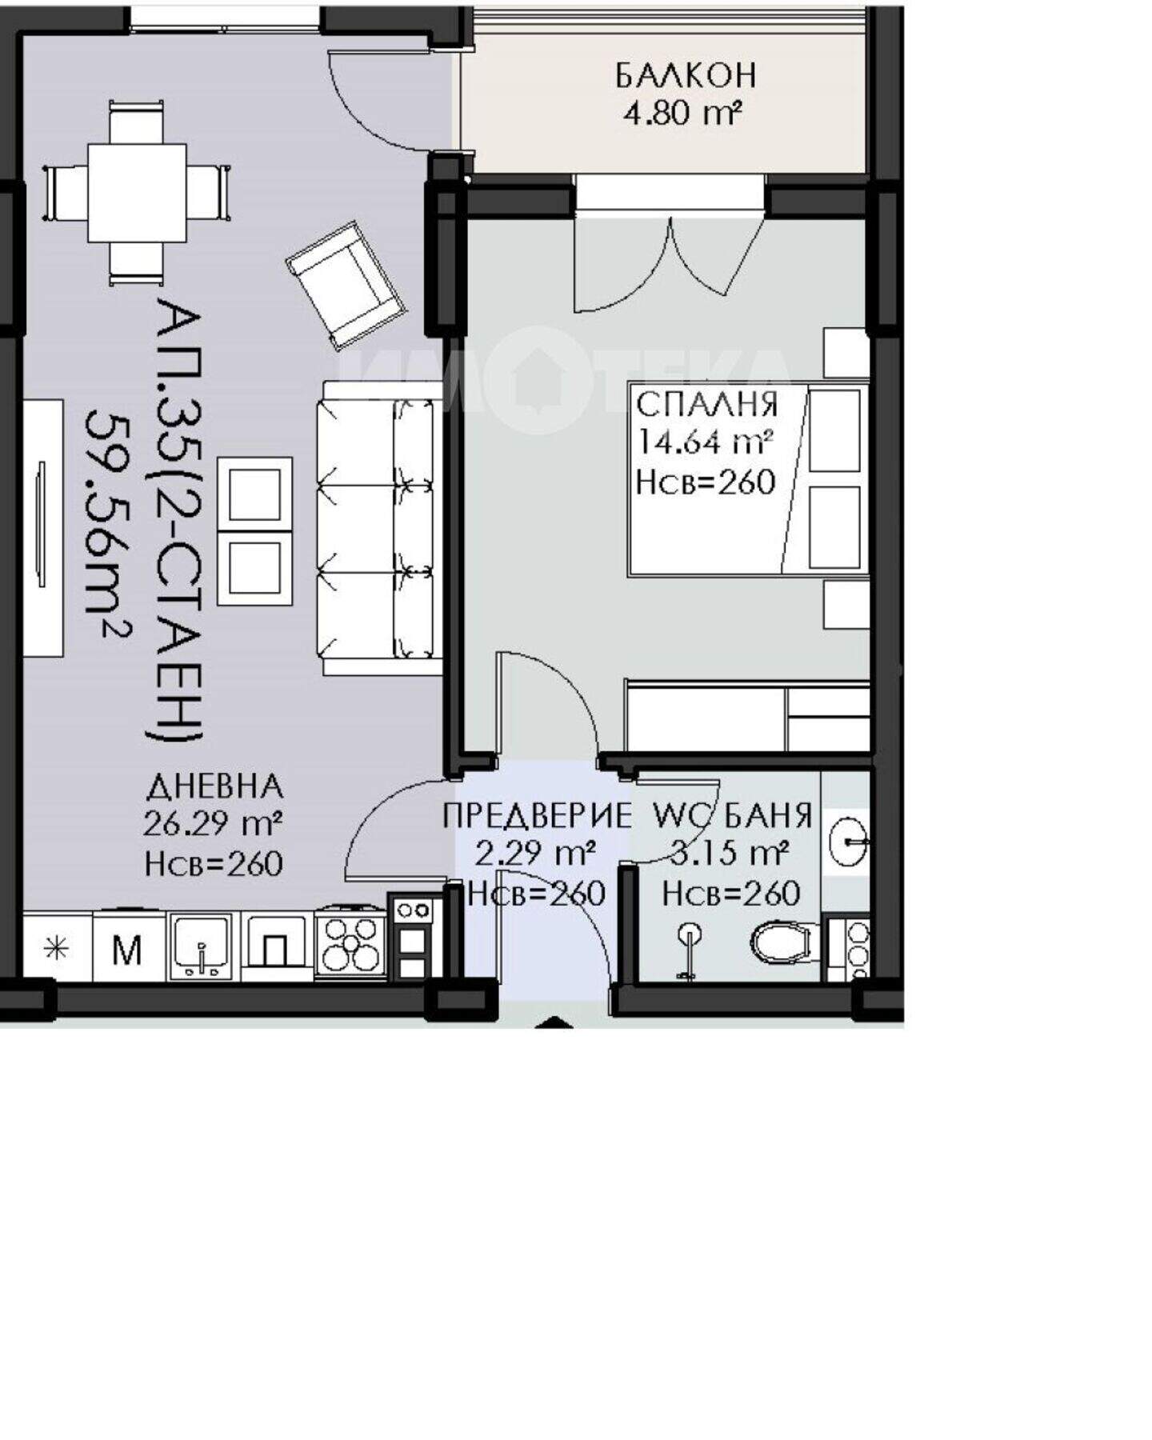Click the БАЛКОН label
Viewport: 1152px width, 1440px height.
click(686, 75)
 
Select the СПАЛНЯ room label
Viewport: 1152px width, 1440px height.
click(706, 404)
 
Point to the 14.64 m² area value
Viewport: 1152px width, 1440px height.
click(705, 441)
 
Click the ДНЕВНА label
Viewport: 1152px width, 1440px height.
click(214, 787)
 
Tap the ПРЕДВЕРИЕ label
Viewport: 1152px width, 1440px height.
click(537, 817)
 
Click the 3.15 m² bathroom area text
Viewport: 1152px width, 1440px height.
click(730, 854)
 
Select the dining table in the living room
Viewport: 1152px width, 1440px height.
click(137, 193)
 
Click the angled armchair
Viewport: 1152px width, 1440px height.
click(346, 286)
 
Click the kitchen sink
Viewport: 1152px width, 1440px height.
click(202, 946)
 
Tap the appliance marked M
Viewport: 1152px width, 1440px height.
click(128, 950)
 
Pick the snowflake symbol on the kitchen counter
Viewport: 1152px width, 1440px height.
click(56, 950)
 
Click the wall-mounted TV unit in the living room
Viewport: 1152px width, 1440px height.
click(42, 528)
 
